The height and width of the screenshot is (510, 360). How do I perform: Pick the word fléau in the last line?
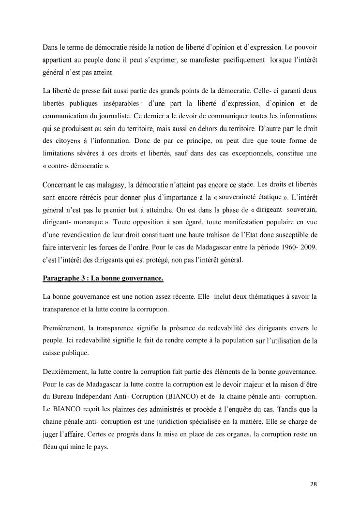[51, 447]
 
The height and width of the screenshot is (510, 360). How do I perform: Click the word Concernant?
[60, 185]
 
